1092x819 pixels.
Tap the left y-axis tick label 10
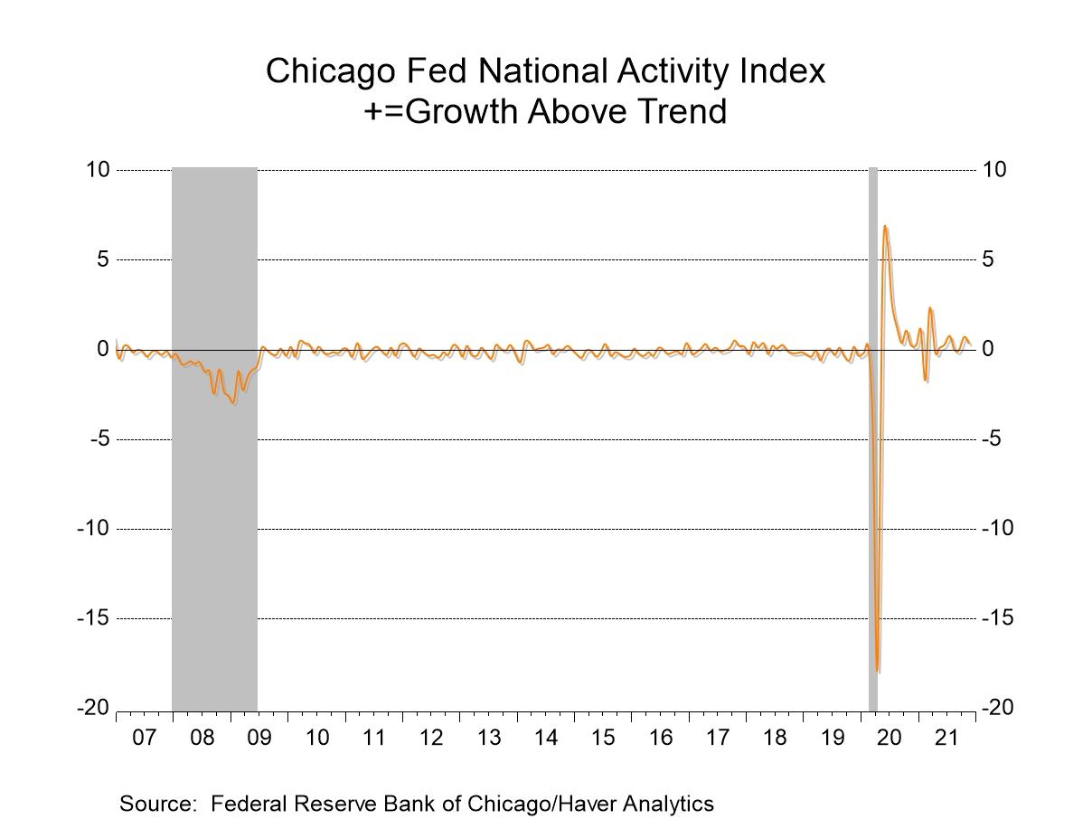99,170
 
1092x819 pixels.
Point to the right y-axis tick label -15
999,618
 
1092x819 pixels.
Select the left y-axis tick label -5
99,439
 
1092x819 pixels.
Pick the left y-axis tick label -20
95,709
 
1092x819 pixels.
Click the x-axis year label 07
144,738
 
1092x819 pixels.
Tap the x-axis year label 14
545,738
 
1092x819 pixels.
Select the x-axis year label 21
946,738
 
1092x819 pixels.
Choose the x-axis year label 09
259,738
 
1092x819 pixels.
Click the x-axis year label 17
717,738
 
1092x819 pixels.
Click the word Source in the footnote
152,803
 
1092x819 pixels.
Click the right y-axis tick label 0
989,350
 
